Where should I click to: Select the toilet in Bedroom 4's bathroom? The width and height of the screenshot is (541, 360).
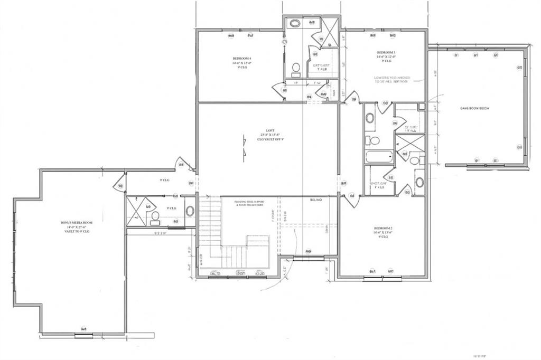296,68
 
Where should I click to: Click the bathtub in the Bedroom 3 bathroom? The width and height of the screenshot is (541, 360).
379,157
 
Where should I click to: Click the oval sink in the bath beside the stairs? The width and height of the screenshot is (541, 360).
190,211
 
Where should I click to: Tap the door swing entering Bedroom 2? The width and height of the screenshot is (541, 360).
351,199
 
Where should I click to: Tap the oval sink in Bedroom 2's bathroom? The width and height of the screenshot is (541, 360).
419,182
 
